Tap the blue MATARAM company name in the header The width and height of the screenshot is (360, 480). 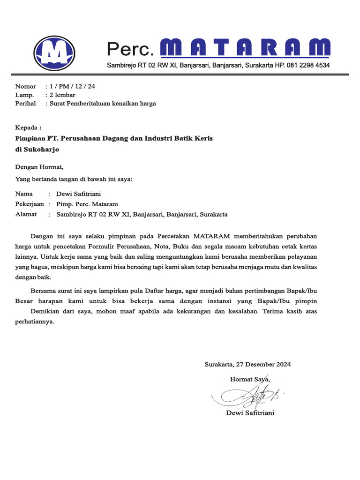245,48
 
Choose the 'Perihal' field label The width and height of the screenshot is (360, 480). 25,103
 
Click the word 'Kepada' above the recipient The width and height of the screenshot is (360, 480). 27,127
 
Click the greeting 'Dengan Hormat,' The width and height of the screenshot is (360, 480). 39,166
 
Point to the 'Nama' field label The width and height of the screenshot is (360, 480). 24,193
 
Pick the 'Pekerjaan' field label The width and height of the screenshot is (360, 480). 30,204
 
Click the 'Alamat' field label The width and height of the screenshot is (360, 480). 26,214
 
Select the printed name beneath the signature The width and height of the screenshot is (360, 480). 250,413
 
